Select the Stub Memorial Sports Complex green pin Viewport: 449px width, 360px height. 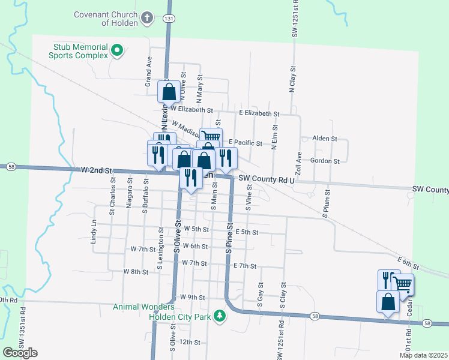118,50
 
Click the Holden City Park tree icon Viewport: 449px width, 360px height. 220,316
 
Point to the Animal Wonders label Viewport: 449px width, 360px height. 139,307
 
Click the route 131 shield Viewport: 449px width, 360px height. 170,19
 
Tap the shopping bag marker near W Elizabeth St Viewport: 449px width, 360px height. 169,92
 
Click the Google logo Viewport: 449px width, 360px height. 20,353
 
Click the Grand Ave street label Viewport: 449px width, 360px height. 147,72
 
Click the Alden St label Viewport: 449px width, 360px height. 325,139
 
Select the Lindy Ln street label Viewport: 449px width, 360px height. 94,230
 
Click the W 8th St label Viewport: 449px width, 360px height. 136,272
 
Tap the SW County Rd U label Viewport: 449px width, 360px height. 267,179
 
